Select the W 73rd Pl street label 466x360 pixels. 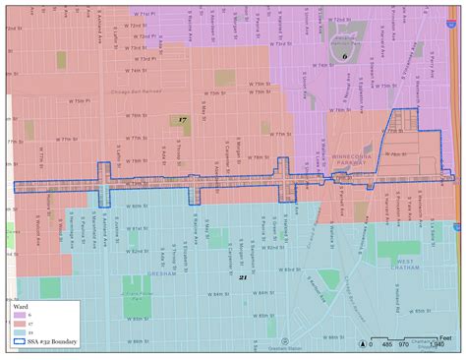(x=140, y=60)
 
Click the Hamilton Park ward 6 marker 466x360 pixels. (x=344, y=55)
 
